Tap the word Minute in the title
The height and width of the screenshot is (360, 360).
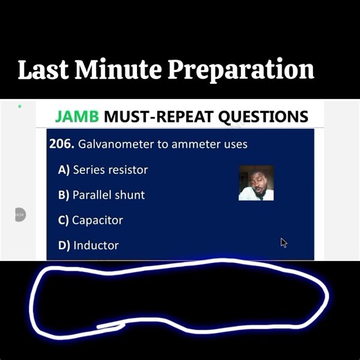point(118,70)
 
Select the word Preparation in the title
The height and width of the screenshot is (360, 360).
point(242,71)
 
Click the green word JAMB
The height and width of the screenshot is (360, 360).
point(77,116)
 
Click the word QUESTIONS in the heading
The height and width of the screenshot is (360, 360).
point(263,116)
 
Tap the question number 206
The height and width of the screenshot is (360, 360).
point(62,144)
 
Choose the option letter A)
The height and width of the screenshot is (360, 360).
point(64,170)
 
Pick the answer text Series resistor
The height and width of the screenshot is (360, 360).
point(110,170)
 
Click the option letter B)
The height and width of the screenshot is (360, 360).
point(64,195)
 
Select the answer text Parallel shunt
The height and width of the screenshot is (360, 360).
point(109,195)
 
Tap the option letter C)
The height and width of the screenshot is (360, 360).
point(64,220)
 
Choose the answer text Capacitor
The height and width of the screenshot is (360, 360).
point(98,220)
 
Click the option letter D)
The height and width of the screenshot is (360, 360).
point(64,245)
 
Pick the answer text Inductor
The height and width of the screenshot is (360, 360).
point(96,245)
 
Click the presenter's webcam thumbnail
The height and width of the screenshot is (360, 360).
point(256,183)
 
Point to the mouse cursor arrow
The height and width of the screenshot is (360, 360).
point(284,242)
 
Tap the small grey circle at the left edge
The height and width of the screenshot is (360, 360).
point(19,215)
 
